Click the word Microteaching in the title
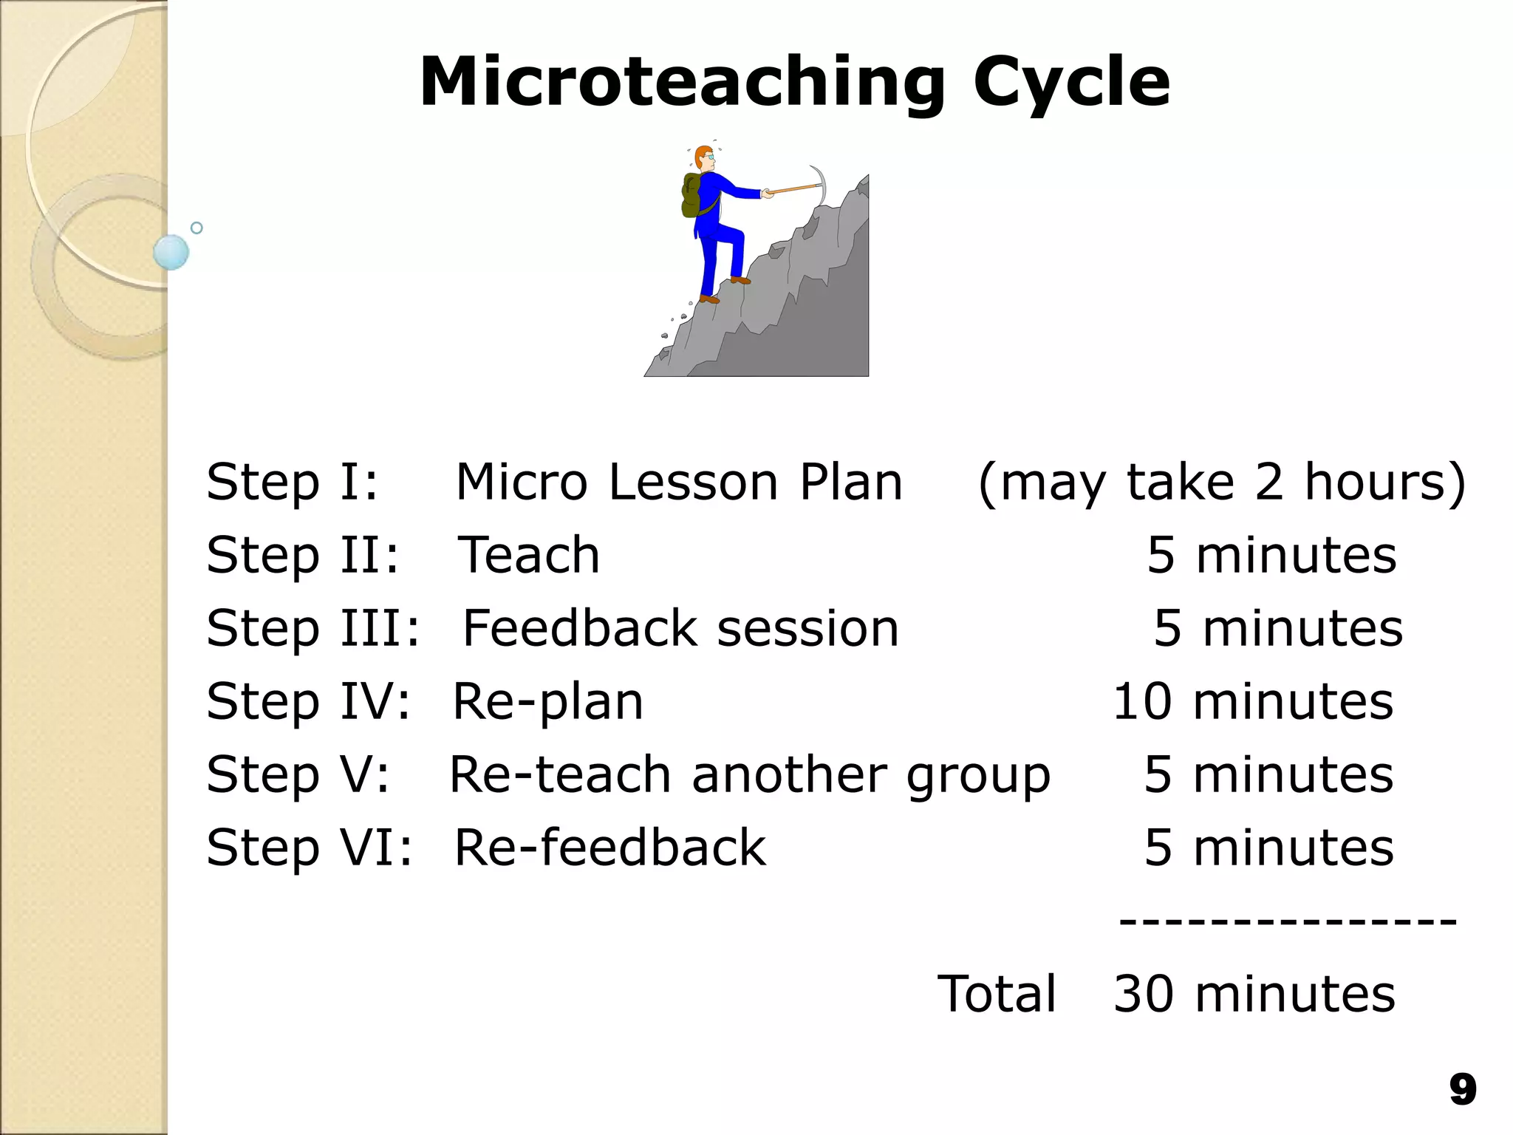point(681,83)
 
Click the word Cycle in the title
point(1071,83)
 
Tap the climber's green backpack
point(692,196)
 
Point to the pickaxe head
point(819,185)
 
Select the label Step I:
point(292,482)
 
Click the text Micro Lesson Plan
point(679,482)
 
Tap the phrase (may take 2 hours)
point(1222,482)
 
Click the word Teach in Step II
point(529,555)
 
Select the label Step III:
point(312,628)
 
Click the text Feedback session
point(680,628)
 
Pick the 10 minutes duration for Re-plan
point(1253,701)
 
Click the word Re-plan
point(547,701)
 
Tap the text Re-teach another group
point(749,774)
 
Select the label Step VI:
point(309,848)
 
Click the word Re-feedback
point(609,848)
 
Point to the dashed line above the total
point(1288,921)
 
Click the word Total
point(997,994)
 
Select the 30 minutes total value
point(1254,994)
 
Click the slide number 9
point(1462,1089)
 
